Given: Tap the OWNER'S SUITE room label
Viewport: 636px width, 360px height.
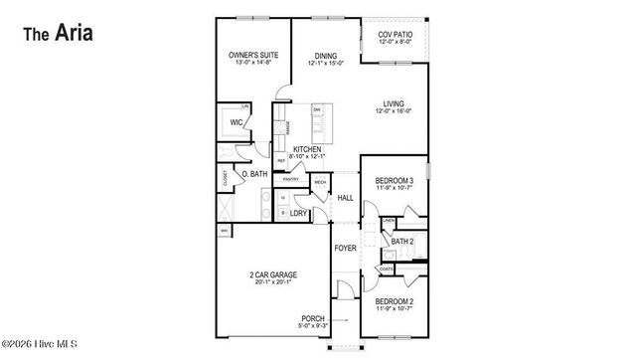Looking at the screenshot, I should tap(252, 56).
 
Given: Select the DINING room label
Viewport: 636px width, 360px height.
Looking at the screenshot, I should tap(327, 56).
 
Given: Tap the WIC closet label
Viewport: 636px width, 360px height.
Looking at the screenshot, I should tap(237, 122).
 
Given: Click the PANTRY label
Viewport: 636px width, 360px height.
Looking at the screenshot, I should tap(291, 179).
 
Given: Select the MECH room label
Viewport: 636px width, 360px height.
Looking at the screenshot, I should tap(320, 183).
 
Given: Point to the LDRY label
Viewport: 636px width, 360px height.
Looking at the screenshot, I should tap(297, 214).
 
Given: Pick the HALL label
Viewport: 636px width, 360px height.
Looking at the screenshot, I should tap(346, 198).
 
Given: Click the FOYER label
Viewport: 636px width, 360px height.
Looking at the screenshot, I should tap(345, 248).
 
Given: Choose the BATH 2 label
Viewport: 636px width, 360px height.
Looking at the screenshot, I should tap(402, 242).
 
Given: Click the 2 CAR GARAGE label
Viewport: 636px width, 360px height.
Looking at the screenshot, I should tap(272, 274).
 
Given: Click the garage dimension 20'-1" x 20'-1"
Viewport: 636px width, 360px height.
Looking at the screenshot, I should tap(272, 282).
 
